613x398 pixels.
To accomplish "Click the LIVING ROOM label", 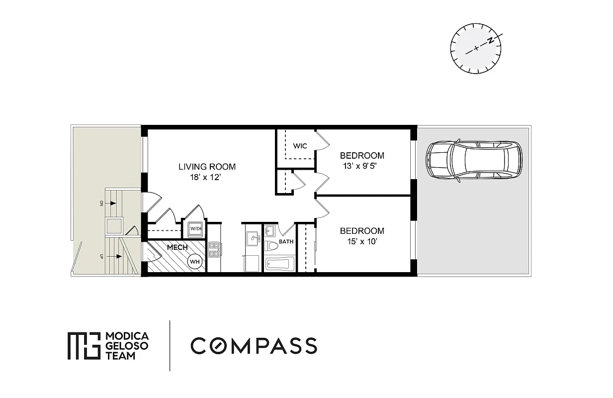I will pyautogui.click(x=207, y=167).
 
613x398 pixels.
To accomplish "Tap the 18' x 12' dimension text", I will pyautogui.click(x=207, y=177).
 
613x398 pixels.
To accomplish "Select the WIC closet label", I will pyautogui.click(x=300, y=146).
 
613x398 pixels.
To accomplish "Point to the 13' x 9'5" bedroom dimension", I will pyautogui.click(x=363, y=166).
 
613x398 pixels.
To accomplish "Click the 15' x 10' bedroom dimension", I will pyautogui.click(x=362, y=242).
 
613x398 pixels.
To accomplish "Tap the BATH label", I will pyautogui.click(x=286, y=242).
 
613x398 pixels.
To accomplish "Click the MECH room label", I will pyautogui.click(x=177, y=247).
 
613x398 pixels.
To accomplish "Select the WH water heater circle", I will pyautogui.click(x=195, y=261).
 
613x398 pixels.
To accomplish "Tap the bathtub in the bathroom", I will pyautogui.click(x=280, y=263).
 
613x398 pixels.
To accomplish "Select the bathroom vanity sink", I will pyautogui.click(x=270, y=231).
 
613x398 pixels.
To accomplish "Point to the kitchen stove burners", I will pyautogui.click(x=214, y=250).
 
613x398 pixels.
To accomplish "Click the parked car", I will pyautogui.click(x=474, y=160).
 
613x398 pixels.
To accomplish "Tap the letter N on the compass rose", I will pyautogui.click(x=491, y=40).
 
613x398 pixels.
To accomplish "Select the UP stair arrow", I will pyautogui.click(x=117, y=257).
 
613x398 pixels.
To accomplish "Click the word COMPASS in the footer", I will pyautogui.click(x=254, y=346).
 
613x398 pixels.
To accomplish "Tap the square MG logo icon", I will pyautogui.click(x=84, y=346).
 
